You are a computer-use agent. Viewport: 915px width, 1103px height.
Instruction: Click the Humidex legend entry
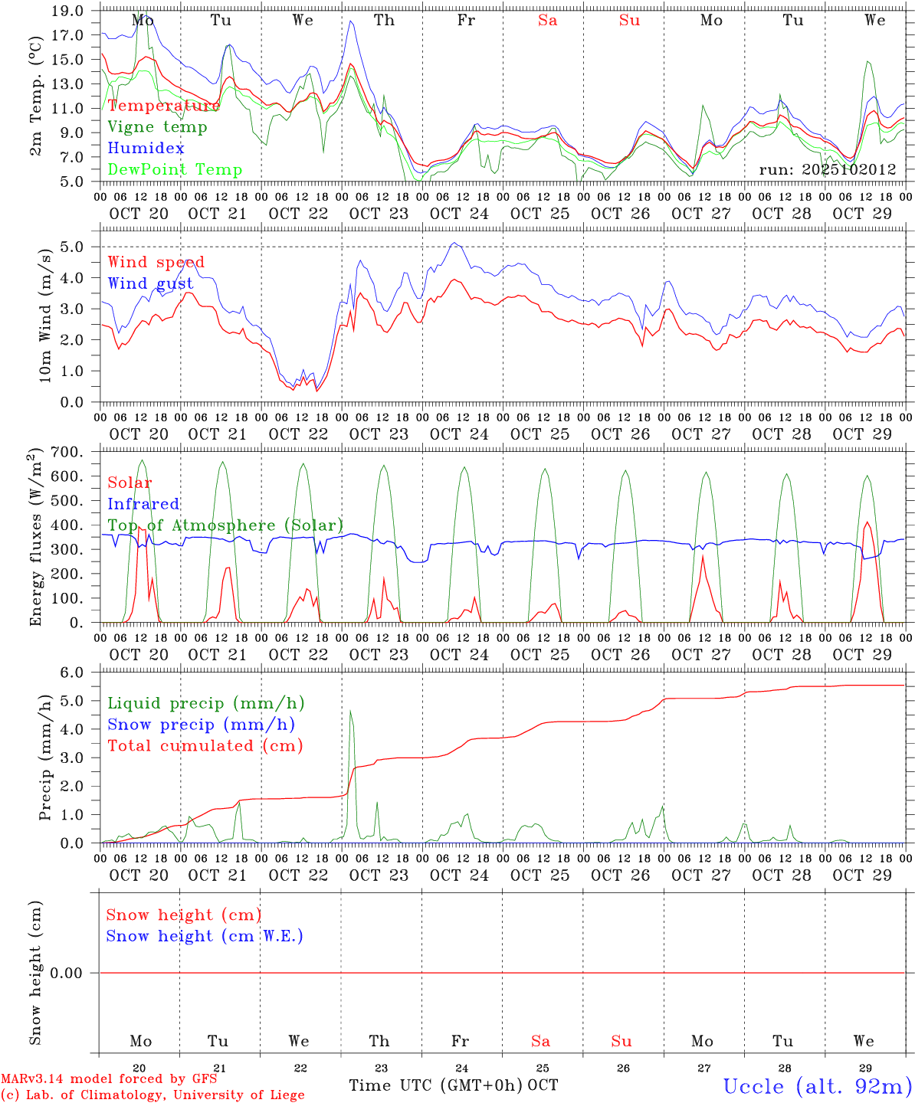point(146,149)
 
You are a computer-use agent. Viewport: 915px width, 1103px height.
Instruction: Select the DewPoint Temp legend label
point(175,170)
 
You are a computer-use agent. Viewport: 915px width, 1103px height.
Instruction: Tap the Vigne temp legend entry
point(157,127)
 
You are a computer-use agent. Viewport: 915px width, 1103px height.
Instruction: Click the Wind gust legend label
point(150,283)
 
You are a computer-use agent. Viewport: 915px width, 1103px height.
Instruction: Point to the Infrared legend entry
point(143,504)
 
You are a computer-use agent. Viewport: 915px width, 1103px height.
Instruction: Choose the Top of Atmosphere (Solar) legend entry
point(225,525)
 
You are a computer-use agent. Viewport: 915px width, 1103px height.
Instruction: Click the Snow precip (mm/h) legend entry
point(201,725)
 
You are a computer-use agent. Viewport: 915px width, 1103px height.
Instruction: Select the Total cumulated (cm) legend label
point(205,746)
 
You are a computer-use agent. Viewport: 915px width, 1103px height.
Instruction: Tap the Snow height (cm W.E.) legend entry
point(205,936)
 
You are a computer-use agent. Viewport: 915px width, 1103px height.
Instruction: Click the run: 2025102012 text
point(827,170)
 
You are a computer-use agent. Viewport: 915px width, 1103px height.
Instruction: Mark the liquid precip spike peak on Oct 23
point(351,711)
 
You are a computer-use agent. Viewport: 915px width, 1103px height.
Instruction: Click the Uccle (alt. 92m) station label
point(817,1086)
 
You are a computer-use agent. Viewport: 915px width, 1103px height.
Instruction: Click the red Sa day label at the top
point(547,21)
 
